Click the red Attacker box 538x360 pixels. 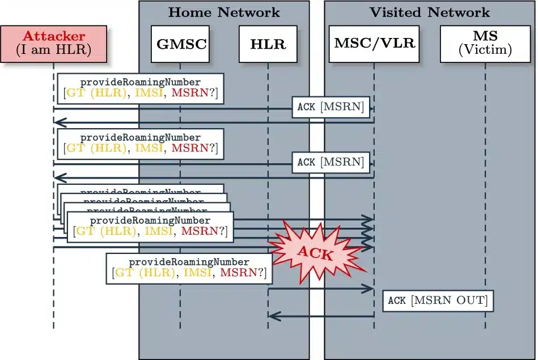point(54,44)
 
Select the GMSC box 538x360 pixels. point(180,44)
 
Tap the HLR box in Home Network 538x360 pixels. point(268,44)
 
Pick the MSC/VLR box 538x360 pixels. point(374,44)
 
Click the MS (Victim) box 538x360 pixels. point(485,44)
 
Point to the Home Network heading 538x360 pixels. point(224,12)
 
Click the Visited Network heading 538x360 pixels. point(430,12)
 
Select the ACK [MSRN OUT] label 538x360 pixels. point(438,300)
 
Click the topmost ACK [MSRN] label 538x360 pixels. point(331,107)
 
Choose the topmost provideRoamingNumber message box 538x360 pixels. point(141,88)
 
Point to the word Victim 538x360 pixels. point(485,50)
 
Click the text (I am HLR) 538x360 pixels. point(54,50)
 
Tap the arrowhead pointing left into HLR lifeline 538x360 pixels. point(272,315)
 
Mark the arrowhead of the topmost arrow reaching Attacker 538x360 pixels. point(58,122)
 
